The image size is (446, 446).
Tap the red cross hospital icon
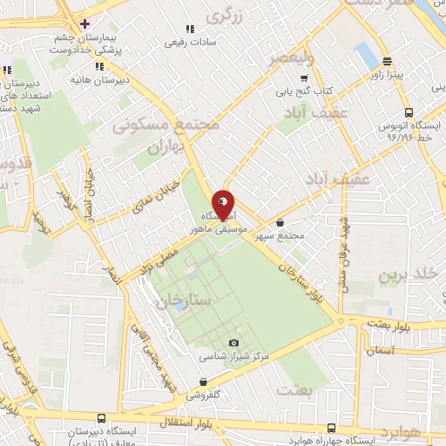[x=84, y=24]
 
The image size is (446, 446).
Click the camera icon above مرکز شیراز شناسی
[x=233, y=343]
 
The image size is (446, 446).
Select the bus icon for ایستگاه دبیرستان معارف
[x=102, y=418]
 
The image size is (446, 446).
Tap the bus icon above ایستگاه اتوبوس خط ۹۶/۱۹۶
[x=409, y=111]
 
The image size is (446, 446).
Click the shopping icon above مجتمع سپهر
[x=280, y=222]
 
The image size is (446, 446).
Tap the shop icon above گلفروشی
[x=203, y=382]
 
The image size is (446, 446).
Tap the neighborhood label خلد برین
[x=405, y=274]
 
